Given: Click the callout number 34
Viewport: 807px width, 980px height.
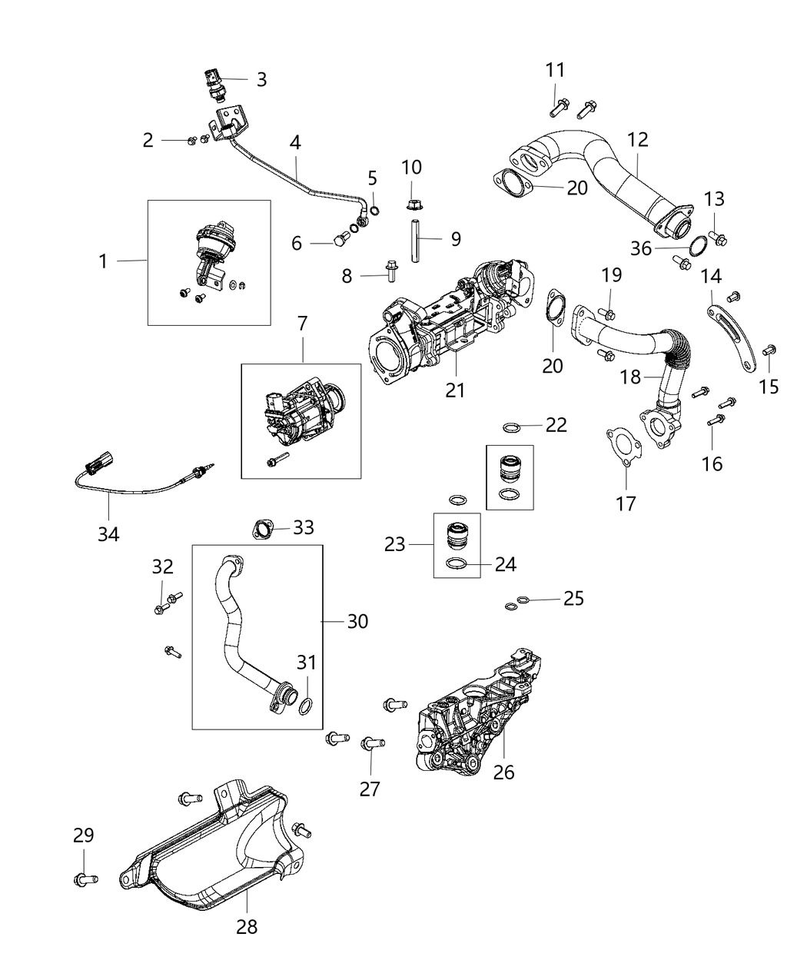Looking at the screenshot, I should (x=108, y=533).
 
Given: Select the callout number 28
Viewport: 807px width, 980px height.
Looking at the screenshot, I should (x=247, y=926).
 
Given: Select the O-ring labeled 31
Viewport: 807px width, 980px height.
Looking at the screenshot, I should (x=305, y=706).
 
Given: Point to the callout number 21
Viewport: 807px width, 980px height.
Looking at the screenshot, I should (x=456, y=390).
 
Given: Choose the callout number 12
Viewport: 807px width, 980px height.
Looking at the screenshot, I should (x=637, y=139).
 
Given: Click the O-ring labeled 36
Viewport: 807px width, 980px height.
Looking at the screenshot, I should (x=699, y=247).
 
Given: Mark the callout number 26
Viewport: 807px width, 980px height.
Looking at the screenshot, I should (x=503, y=771).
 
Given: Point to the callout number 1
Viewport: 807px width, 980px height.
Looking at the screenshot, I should (x=102, y=261).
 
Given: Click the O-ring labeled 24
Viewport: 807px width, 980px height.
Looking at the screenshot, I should (x=457, y=566).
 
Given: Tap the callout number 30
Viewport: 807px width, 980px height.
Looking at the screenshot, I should (x=357, y=620).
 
